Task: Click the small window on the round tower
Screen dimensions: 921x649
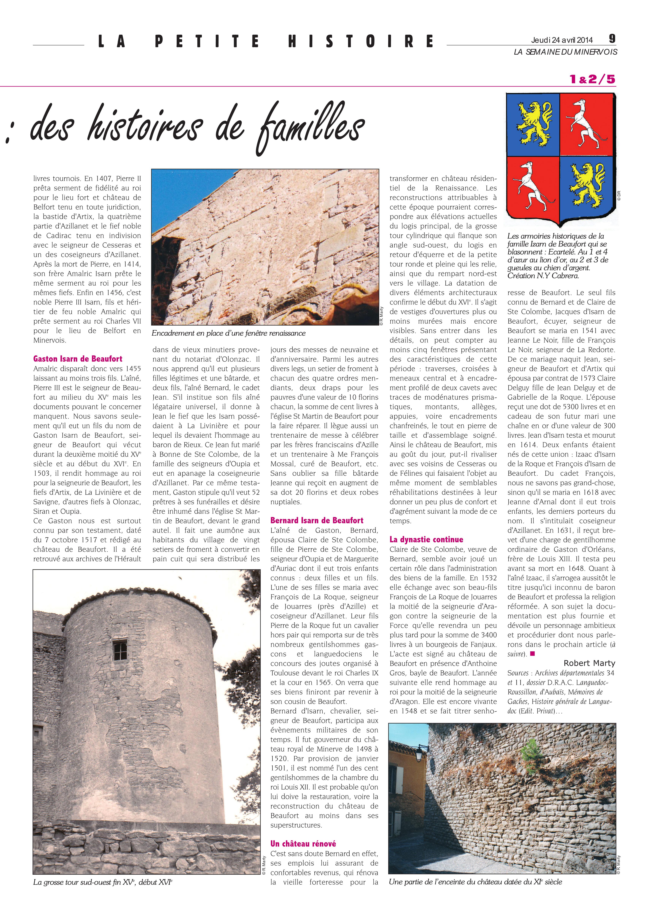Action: pos(120,650)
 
